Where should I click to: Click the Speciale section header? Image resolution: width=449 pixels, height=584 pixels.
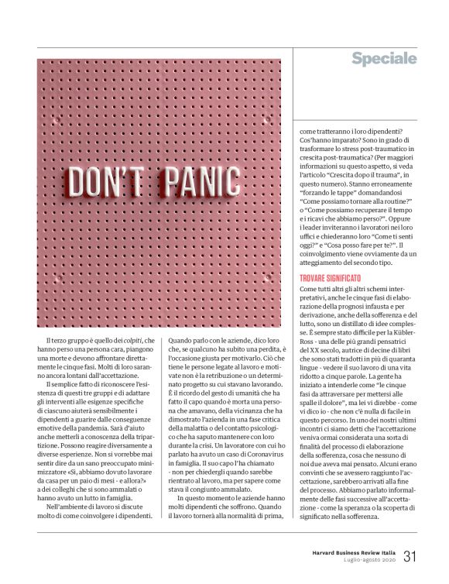384,59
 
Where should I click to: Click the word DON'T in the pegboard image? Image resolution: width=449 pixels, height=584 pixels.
108,182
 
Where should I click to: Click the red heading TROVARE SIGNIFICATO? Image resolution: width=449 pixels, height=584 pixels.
338,278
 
